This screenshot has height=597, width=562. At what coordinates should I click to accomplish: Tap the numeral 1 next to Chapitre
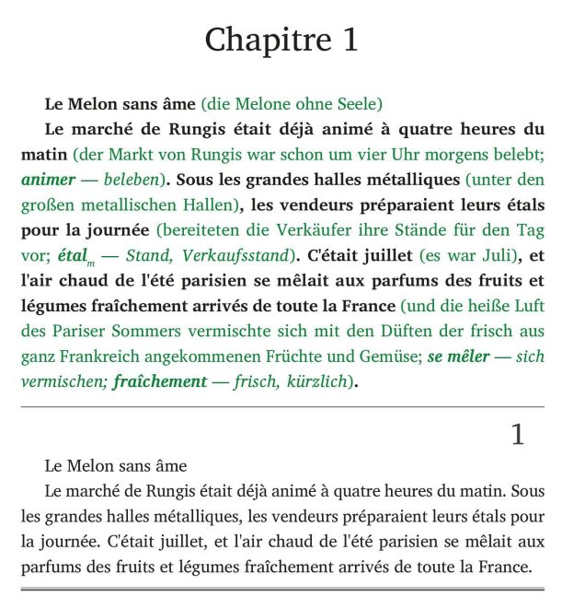(347, 41)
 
